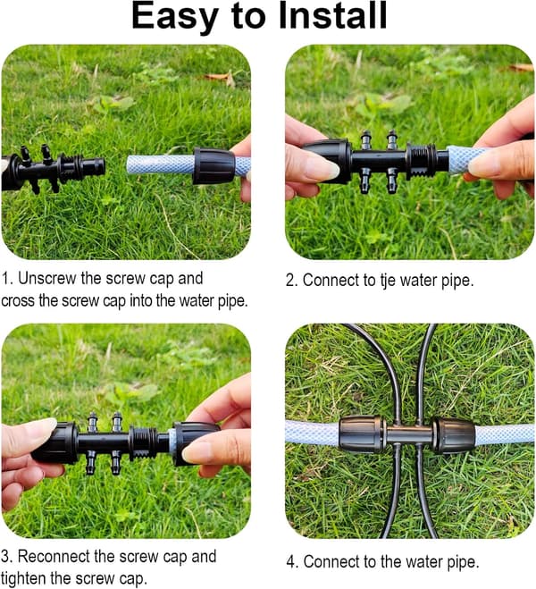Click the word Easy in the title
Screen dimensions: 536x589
pyautogui.click(x=175, y=18)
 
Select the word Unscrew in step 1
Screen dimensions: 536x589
pyautogui.click(x=47, y=278)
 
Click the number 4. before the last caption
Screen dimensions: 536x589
pyautogui.click(x=292, y=562)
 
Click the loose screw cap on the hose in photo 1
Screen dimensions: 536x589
pyautogui.click(x=214, y=165)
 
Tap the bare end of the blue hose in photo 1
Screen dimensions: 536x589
pyautogui.click(x=130, y=164)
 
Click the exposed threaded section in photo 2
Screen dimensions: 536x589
pyautogui.click(x=421, y=160)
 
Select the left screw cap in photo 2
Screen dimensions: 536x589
pyautogui.click(x=327, y=161)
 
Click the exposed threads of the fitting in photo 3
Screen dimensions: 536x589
pyautogui.click(x=144, y=443)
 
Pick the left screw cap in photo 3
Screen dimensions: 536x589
pyautogui.click(x=55, y=442)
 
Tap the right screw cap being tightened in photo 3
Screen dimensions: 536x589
pyautogui.click(x=195, y=443)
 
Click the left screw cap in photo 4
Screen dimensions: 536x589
pyautogui.click(x=361, y=434)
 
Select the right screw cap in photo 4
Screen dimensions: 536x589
pyautogui.click(x=454, y=435)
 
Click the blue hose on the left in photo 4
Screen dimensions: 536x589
pyautogui.click(x=313, y=433)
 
